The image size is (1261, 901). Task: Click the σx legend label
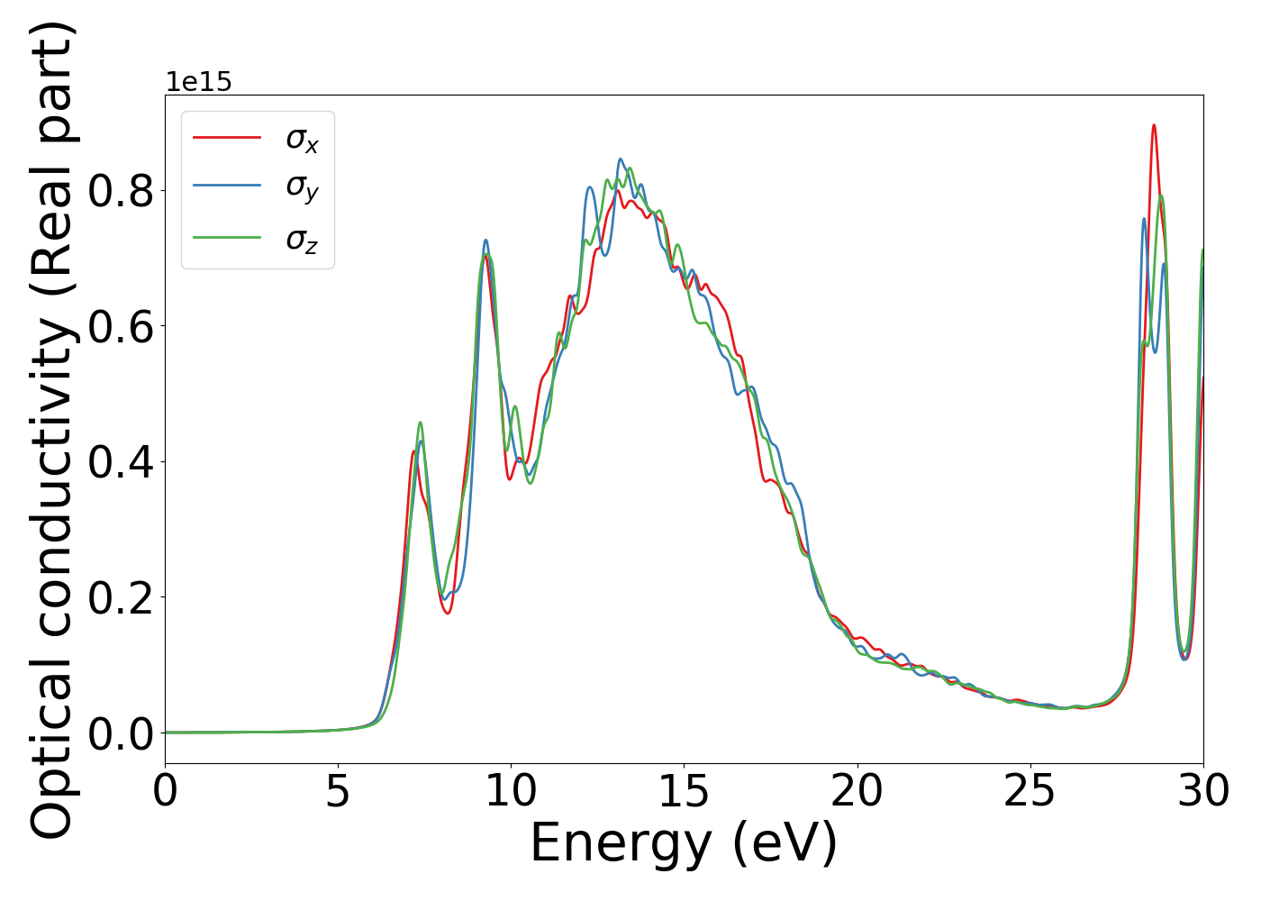coord(302,139)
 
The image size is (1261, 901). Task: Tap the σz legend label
coord(302,240)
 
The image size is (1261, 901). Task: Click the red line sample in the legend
coord(227,137)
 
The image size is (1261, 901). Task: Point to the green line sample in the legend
coord(227,238)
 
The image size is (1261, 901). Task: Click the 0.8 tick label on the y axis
coord(121,192)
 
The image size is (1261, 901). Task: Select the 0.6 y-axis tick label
coord(121,327)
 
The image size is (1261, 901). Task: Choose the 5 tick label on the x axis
coord(338,792)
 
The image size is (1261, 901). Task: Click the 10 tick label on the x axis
coord(511,792)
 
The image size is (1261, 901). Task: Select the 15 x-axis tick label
coord(684,792)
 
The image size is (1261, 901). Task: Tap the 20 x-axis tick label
coord(857,792)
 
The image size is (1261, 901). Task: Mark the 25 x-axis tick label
coord(1030,792)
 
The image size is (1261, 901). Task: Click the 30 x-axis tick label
coord(1202,792)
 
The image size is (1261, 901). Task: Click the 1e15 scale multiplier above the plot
coord(198,82)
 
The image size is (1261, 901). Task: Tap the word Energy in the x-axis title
coord(621,844)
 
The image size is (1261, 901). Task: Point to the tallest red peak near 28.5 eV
coord(1153,126)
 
